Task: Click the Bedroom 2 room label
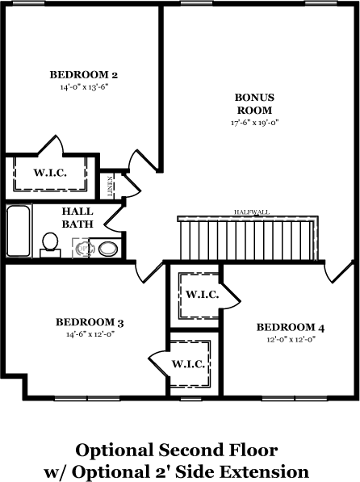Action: [84, 75]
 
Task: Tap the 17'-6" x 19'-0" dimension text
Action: [254, 123]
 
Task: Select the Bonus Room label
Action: [254, 103]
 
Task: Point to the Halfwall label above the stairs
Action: [252, 212]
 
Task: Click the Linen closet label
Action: [110, 187]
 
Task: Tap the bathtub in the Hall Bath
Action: [19, 231]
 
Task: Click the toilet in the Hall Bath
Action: [50, 245]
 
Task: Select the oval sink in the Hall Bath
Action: [108, 249]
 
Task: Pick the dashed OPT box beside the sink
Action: [82, 248]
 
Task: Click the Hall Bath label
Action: [77, 218]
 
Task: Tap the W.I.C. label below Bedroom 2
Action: [50, 173]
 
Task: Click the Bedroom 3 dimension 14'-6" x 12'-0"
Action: [90, 334]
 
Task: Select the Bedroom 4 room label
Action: [291, 327]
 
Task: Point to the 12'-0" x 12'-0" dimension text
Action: [291, 339]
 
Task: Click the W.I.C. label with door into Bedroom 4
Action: [203, 295]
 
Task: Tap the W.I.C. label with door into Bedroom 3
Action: [188, 364]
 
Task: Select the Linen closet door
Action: [132, 186]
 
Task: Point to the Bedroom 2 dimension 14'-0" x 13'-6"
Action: [85, 87]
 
